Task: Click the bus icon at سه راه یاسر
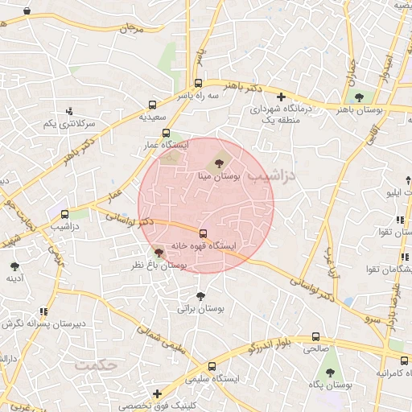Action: pyautogui.click(x=198, y=83)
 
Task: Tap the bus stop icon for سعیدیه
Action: pyautogui.click(x=153, y=105)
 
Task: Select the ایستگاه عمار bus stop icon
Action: pyautogui.click(x=167, y=134)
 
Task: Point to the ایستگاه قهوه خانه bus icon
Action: pyautogui.click(x=202, y=233)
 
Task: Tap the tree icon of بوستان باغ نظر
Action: pyautogui.click(x=158, y=253)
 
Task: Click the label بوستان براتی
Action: pyautogui.click(x=200, y=308)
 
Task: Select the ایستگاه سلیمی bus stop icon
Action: pyautogui.click(x=212, y=365)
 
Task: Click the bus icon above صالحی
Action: pyautogui.click(x=315, y=338)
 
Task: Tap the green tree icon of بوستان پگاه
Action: pyautogui.click(x=330, y=373)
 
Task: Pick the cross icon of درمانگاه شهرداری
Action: pyautogui.click(x=281, y=97)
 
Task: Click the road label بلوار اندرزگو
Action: pyautogui.click(x=252, y=347)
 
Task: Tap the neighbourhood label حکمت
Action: pyautogui.click(x=97, y=365)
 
